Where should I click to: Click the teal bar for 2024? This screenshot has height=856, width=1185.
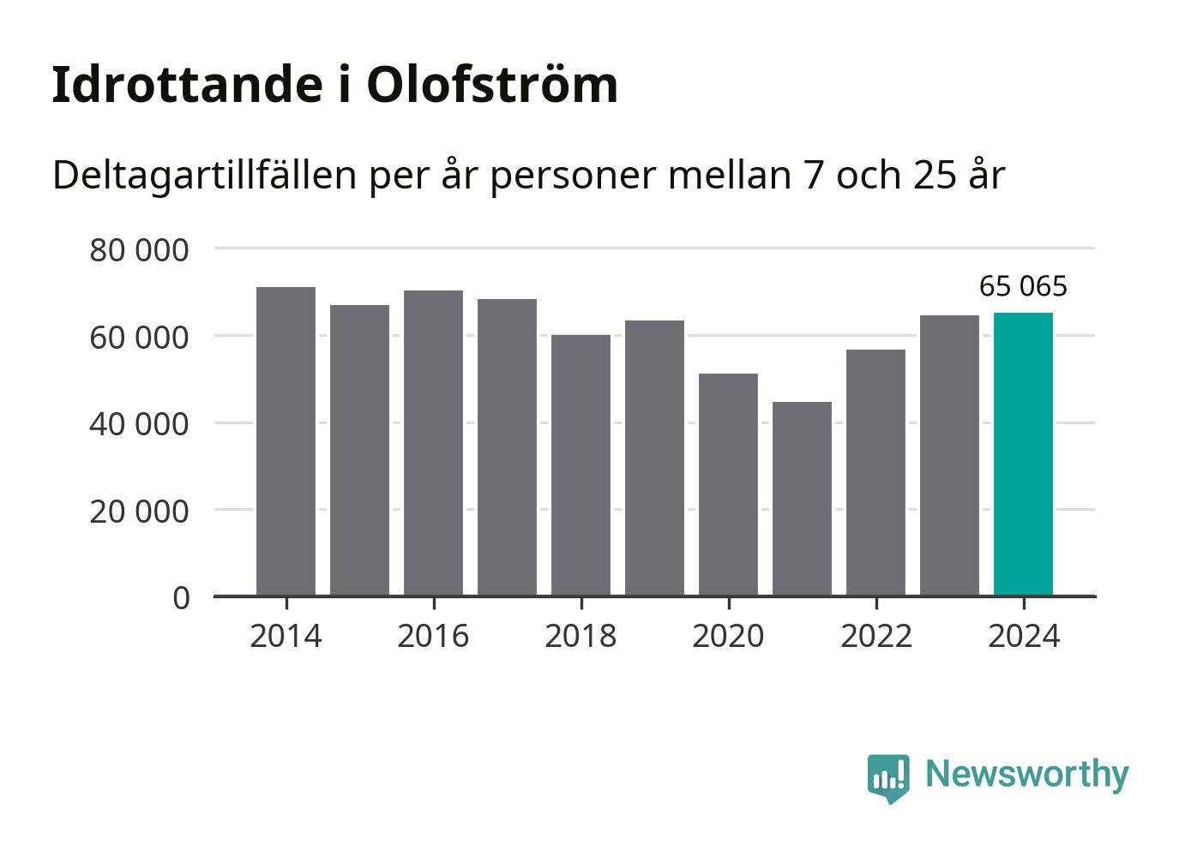[x=1023, y=454]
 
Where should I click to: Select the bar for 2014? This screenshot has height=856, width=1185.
[x=286, y=441]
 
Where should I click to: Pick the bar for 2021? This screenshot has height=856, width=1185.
[x=802, y=499]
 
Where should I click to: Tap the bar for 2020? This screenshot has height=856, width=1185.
[x=728, y=484]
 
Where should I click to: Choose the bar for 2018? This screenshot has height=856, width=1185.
[x=580, y=465]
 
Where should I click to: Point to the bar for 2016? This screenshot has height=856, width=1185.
[x=433, y=443]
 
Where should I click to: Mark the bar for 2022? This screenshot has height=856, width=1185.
[x=875, y=472]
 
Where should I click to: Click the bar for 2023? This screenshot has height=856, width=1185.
[x=949, y=455]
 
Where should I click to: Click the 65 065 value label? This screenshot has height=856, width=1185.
[x=1023, y=286]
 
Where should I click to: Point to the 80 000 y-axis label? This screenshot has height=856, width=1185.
[x=139, y=250]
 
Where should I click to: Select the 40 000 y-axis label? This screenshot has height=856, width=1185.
[x=139, y=423]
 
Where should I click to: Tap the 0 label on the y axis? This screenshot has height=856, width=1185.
[x=181, y=597]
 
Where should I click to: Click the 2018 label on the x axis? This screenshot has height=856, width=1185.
[x=580, y=636]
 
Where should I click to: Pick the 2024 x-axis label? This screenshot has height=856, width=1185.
[x=1024, y=636]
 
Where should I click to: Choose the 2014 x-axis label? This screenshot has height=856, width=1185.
[x=286, y=636]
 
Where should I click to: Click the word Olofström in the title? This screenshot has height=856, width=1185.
[x=492, y=84]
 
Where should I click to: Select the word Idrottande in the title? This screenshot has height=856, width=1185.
[x=181, y=84]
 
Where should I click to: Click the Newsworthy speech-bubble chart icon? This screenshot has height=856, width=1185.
[x=887, y=777]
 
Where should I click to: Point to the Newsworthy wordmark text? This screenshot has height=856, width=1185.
[x=1026, y=774]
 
